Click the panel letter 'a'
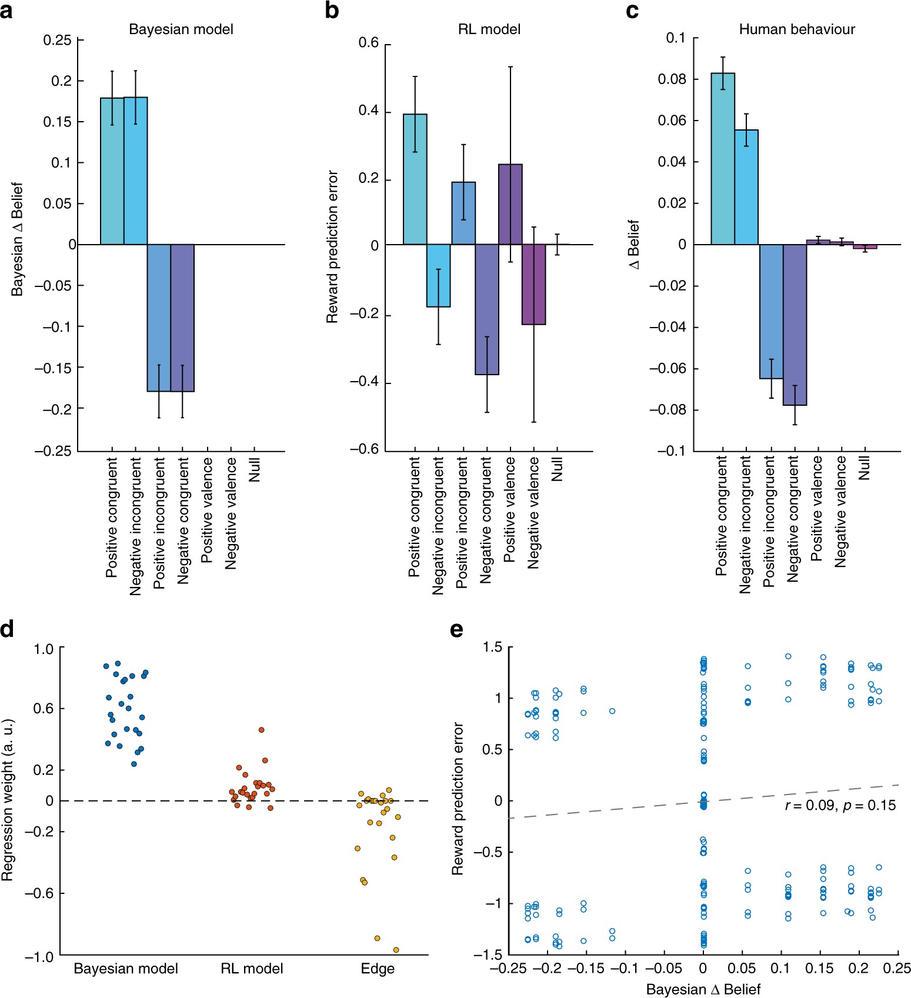coord(6,11)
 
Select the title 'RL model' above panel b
coord(489,29)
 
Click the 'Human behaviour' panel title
coord(796,29)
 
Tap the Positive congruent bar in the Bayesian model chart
coord(112,171)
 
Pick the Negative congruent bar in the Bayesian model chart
coord(182,318)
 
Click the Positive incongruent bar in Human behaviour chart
coord(771,311)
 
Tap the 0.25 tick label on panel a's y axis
coord(57,40)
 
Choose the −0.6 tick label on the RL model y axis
coord(364,450)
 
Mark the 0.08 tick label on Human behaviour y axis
coord(672,79)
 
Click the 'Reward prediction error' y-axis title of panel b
coord(332,247)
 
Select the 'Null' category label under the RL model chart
coord(558,469)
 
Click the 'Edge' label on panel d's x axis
coord(378,969)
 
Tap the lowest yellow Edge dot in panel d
coord(396,950)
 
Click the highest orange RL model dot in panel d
coord(262,730)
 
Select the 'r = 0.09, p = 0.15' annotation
coord(840,805)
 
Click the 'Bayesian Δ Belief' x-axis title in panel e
coord(703,989)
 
